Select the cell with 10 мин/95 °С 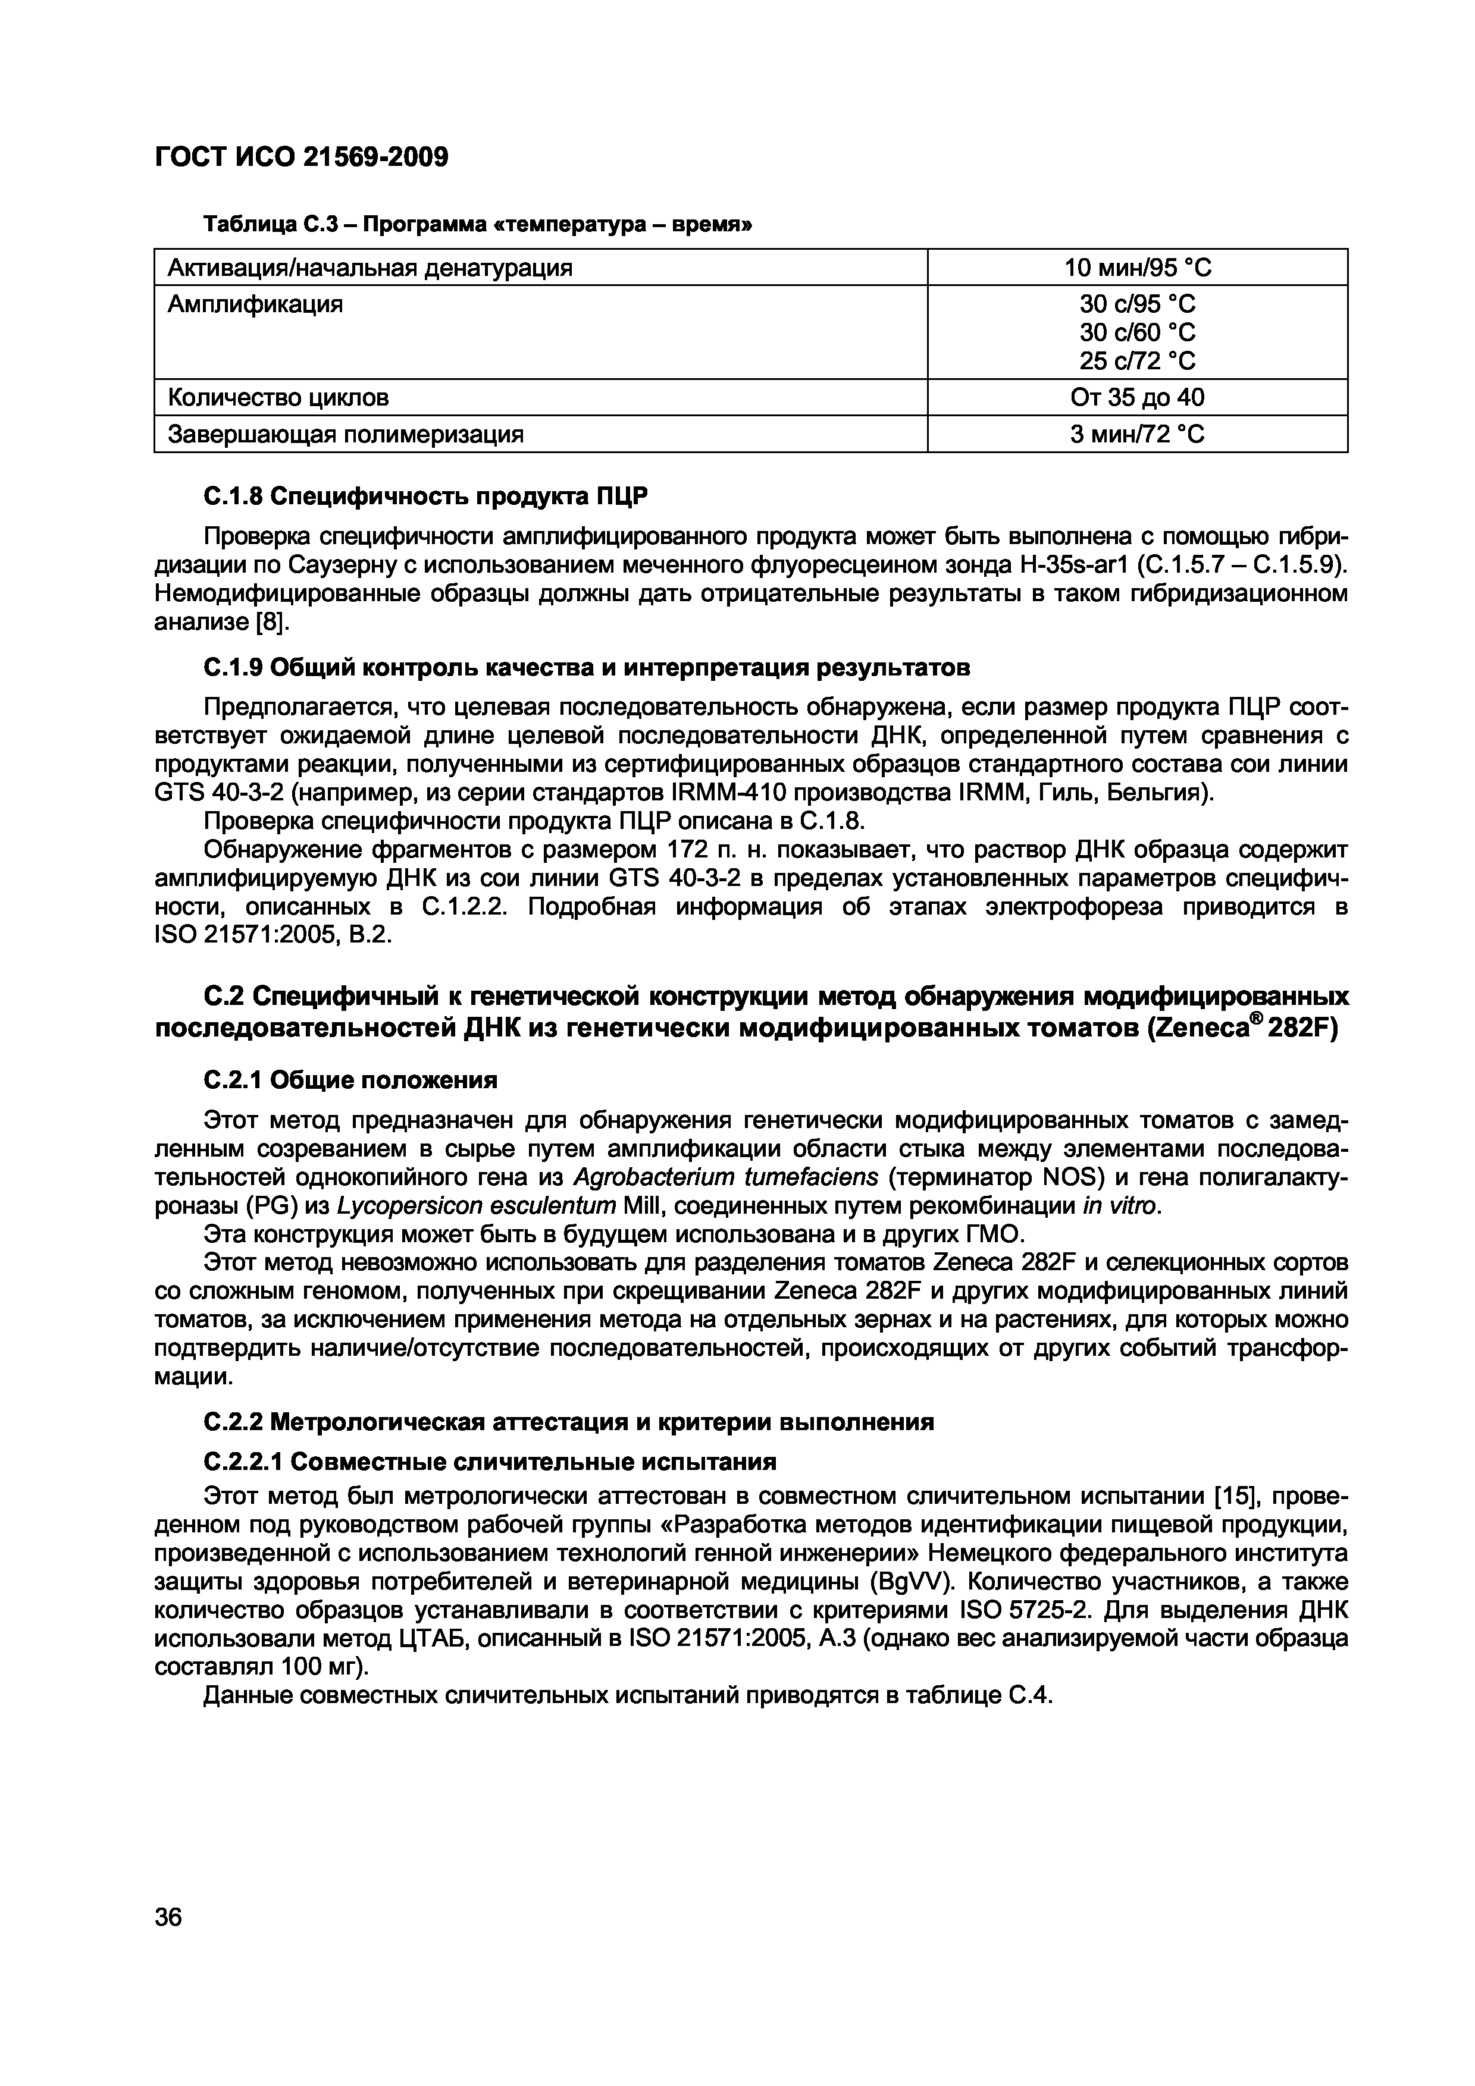tap(1137, 268)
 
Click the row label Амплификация tap(255, 304)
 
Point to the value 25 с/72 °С tap(1137, 362)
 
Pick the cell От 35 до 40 tap(1137, 398)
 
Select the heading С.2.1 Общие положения tap(350, 1080)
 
